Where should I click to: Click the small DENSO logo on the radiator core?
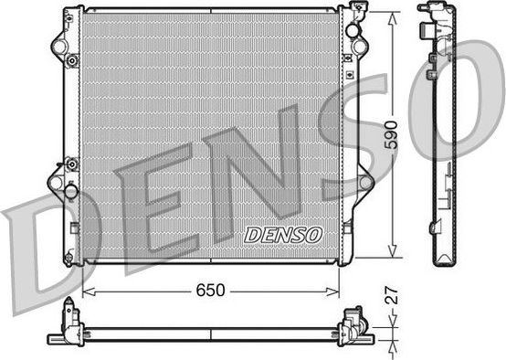[x=284, y=235]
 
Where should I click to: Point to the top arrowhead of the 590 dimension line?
[x=394, y=15]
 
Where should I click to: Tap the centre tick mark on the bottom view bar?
[x=211, y=327]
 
